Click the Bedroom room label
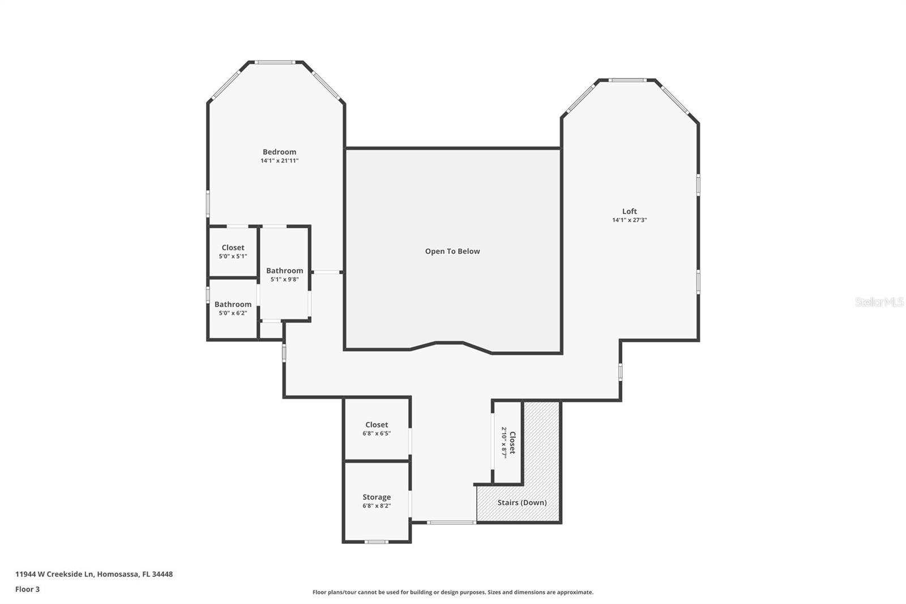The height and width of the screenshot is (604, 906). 279,152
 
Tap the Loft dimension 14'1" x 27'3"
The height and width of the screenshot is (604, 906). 629,220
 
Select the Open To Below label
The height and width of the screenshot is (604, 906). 452,252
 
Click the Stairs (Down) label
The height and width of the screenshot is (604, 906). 522,503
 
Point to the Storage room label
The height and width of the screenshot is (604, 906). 377,497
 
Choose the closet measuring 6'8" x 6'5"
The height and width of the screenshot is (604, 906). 377,429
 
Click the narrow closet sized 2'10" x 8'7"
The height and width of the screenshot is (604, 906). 508,443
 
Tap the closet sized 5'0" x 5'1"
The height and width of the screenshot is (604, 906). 233,252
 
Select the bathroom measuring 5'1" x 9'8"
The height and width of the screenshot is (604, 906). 284,275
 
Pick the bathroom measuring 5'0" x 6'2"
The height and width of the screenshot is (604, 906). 233,308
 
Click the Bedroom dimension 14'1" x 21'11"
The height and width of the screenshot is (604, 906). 279,161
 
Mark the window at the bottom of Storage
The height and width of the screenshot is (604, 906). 376,542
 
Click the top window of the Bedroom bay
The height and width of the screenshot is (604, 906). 274,62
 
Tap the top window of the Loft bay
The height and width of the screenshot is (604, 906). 627,80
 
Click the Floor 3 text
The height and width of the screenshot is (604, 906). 27,589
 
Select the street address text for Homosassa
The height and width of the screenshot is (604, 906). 94,574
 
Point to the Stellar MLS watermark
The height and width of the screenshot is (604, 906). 879,302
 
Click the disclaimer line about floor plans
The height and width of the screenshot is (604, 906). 452,592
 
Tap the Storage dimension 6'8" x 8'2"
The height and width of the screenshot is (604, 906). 377,506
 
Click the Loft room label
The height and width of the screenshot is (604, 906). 629,211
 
